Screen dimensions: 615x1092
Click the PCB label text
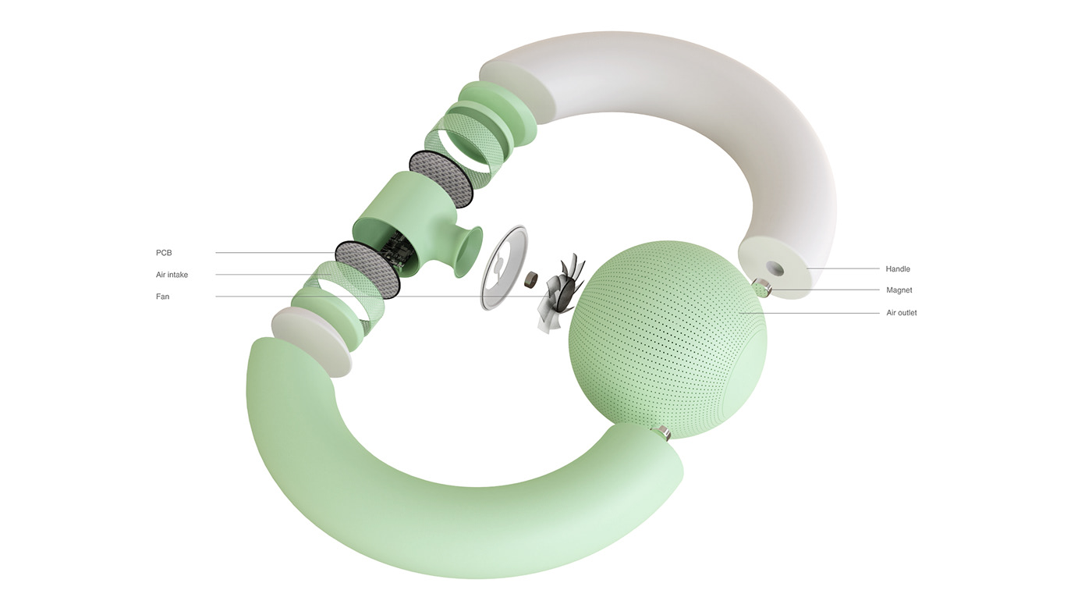[x=163, y=253]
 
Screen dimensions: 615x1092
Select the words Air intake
[x=172, y=275]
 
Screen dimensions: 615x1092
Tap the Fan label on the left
[x=162, y=297]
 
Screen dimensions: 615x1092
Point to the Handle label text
[x=898, y=269]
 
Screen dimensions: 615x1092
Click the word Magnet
[x=899, y=290]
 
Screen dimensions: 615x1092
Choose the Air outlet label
[x=902, y=313]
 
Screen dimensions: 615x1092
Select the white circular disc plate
[x=504, y=269]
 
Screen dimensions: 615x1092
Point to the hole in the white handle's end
[x=775, y=266]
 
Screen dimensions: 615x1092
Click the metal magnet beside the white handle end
[x=764, y=288]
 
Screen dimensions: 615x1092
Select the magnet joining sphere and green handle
[x=663, y=432]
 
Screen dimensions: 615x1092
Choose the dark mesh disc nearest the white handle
[x=441, y=178]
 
